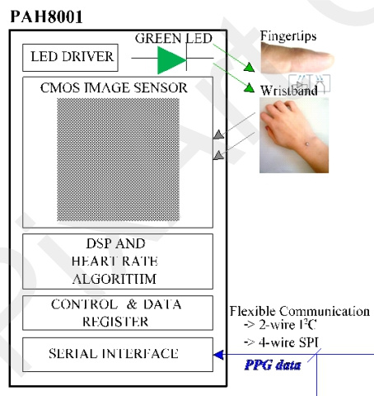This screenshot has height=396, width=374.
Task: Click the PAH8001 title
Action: coord(46,17)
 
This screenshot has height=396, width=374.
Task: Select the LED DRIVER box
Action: coord(70,58)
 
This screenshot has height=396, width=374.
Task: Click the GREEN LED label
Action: coord(174,38)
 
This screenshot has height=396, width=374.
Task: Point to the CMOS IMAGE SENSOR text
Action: coord(114,87)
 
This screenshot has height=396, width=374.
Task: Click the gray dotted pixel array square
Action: coord(119,159)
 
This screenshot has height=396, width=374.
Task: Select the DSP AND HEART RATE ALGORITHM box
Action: coord(118,262)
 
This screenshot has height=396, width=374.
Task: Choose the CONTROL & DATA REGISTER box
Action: coord(118,313)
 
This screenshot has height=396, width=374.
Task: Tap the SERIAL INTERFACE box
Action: coord(118,355)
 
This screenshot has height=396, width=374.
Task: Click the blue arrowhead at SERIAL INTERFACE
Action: coord(218,355)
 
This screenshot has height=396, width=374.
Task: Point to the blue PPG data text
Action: coord(273,365)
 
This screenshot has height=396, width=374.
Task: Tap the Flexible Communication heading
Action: coord(300,311)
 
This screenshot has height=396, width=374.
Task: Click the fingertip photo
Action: coord(297,58)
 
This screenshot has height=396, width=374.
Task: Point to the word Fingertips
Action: coord(288,36)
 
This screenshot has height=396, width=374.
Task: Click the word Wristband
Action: coord(289,91)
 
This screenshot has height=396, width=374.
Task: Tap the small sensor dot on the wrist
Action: coord(307,144)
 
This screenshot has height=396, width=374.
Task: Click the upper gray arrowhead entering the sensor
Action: coord(218,134)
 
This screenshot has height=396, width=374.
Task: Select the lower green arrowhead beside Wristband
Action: coord(249,87)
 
